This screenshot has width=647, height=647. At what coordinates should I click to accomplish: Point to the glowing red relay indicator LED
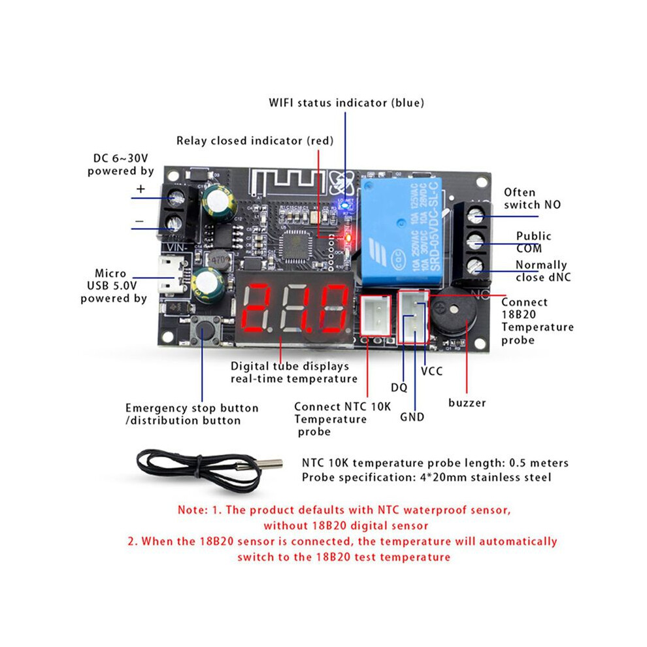348,238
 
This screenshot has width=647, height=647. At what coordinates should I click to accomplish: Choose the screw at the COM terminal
475,241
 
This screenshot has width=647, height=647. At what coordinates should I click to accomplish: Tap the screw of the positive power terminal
175,197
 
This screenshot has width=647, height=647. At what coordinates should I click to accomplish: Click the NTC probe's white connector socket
376,316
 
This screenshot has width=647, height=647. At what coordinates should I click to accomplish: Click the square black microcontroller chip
296,246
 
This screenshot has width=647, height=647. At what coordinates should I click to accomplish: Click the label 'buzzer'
467,403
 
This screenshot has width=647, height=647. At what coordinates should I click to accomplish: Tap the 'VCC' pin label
431,371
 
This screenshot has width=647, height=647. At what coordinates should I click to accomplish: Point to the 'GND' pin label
412,417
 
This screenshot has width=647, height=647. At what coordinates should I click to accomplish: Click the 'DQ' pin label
399,388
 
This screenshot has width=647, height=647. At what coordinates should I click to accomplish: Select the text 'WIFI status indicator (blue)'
346,103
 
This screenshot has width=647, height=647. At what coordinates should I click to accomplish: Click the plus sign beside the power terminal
141,189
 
